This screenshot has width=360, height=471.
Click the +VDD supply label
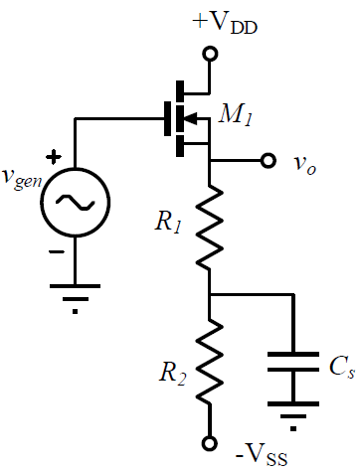[x=225, y=24]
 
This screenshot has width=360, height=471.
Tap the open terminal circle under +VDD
[x=210, y=54]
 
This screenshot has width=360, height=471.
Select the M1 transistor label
[x=236, y=115]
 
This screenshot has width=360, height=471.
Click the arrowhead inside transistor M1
[x=191, y=118]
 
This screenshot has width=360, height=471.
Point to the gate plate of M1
[x=167, y=118]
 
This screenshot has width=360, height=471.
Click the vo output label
[x=304, y=164]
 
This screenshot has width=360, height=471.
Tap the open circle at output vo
[x=268, y=161]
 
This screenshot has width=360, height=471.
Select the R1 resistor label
[x=168, y=223]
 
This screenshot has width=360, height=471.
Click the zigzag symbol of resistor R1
[x=210, y=227]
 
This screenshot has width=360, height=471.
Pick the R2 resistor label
[x=173, y=374]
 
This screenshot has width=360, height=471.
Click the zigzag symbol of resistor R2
[x=210, y=361]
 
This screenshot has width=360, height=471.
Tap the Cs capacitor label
[x=342, y=367]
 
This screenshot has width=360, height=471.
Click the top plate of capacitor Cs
[x=293, y=355]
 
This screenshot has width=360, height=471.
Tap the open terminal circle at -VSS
[x=210, y=443]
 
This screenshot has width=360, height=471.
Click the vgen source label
[x=22, y=178]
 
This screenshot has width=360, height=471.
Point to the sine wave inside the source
[x=76, y=203]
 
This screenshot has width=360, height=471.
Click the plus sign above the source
[x=54, y=157]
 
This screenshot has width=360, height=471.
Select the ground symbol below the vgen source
[x=75, y=298]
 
